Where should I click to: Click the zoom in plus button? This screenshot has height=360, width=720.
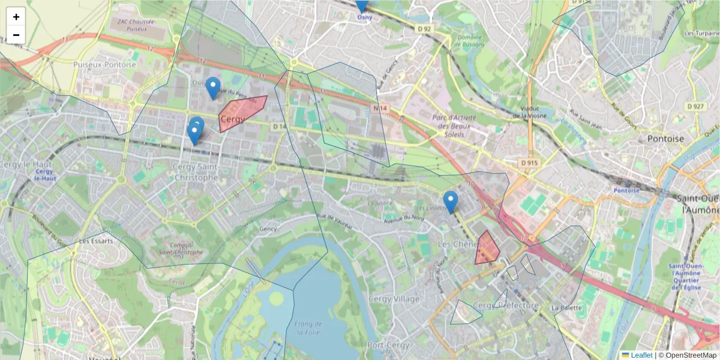16,17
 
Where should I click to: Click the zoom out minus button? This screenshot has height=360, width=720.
16,35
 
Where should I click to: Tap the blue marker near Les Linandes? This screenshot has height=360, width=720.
450,202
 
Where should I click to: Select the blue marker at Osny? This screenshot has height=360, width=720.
361,5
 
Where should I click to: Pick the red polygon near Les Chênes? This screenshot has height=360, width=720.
487,249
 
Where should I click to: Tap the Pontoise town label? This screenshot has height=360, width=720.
665,139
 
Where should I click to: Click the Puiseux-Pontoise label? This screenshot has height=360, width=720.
104,64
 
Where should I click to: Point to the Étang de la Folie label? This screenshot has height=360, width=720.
309,329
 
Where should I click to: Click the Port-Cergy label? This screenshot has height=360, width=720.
388,346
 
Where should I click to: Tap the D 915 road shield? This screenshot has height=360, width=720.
527,163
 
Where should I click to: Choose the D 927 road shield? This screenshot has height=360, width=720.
695,106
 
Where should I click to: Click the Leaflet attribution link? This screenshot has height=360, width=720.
641,355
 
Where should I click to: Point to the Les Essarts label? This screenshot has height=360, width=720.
92,242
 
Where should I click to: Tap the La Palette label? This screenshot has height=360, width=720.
567,308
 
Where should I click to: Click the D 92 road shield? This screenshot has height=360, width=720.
424,28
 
